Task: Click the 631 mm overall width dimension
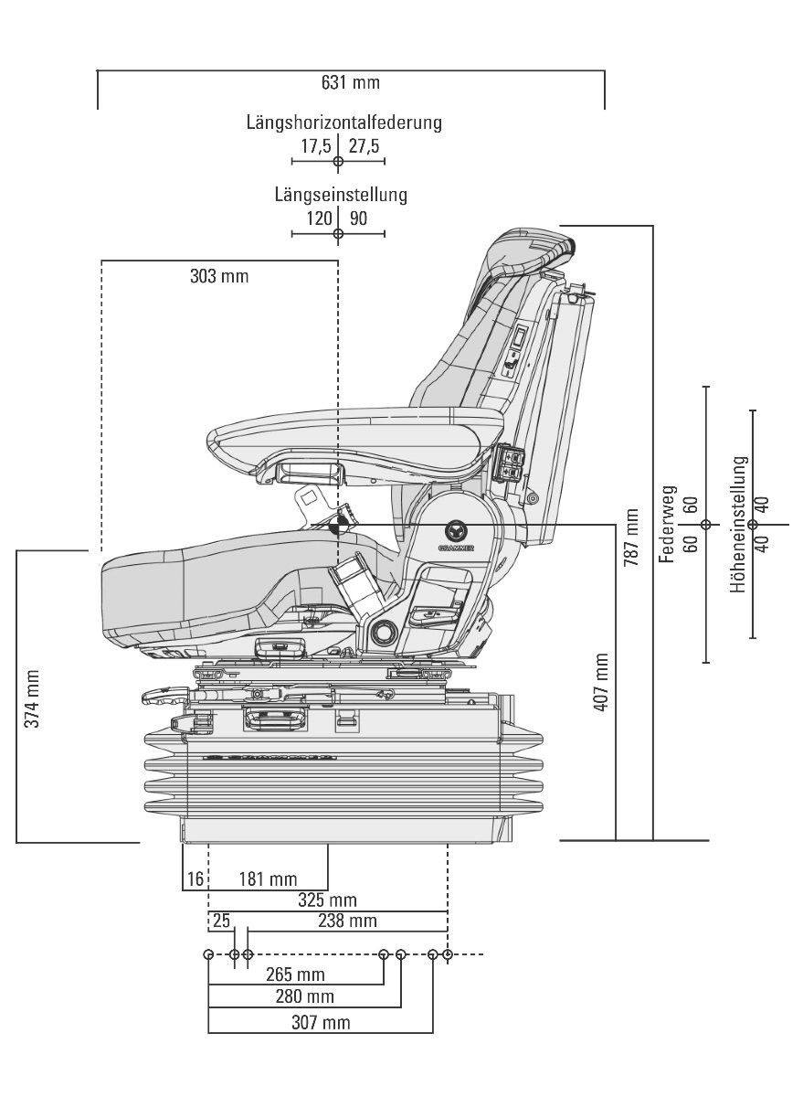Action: [x=351, y=82]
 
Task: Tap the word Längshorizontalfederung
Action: [x=344, y=122]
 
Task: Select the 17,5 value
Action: [x=315, y=146]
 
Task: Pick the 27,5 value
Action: [x=365, y=146]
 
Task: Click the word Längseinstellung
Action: [x=341, y=195]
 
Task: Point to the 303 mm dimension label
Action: [x=219, y=276]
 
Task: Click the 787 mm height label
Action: [x=631, y=538]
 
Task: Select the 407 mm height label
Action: [x=602, y=682]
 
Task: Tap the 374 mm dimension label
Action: [x=32, y=698]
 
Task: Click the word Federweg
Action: [x=668, y=524]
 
